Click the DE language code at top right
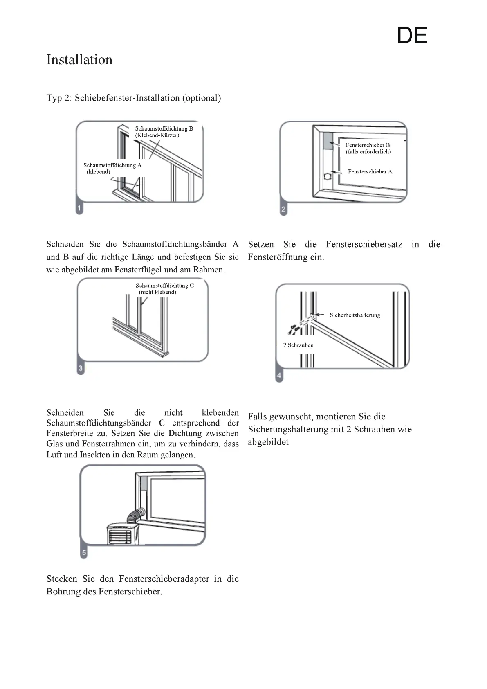(412, 36)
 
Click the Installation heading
(79, 60)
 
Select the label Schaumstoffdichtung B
(164, 128)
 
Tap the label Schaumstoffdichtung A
(112, 165)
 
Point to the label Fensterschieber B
(368, 145)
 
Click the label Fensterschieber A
(370, 171)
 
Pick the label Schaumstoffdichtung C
(165, 286)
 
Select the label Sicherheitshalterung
(355, 315)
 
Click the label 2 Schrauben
(298, 345)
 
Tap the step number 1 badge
(79, 208)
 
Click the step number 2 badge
(283, 210)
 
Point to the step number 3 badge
(81, 368)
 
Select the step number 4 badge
(279, 376)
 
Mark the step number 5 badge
(84, 553)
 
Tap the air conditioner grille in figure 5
(119, 536)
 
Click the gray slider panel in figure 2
(327, 141)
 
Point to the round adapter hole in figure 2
(327, 177)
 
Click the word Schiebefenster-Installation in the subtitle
(127, 98)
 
